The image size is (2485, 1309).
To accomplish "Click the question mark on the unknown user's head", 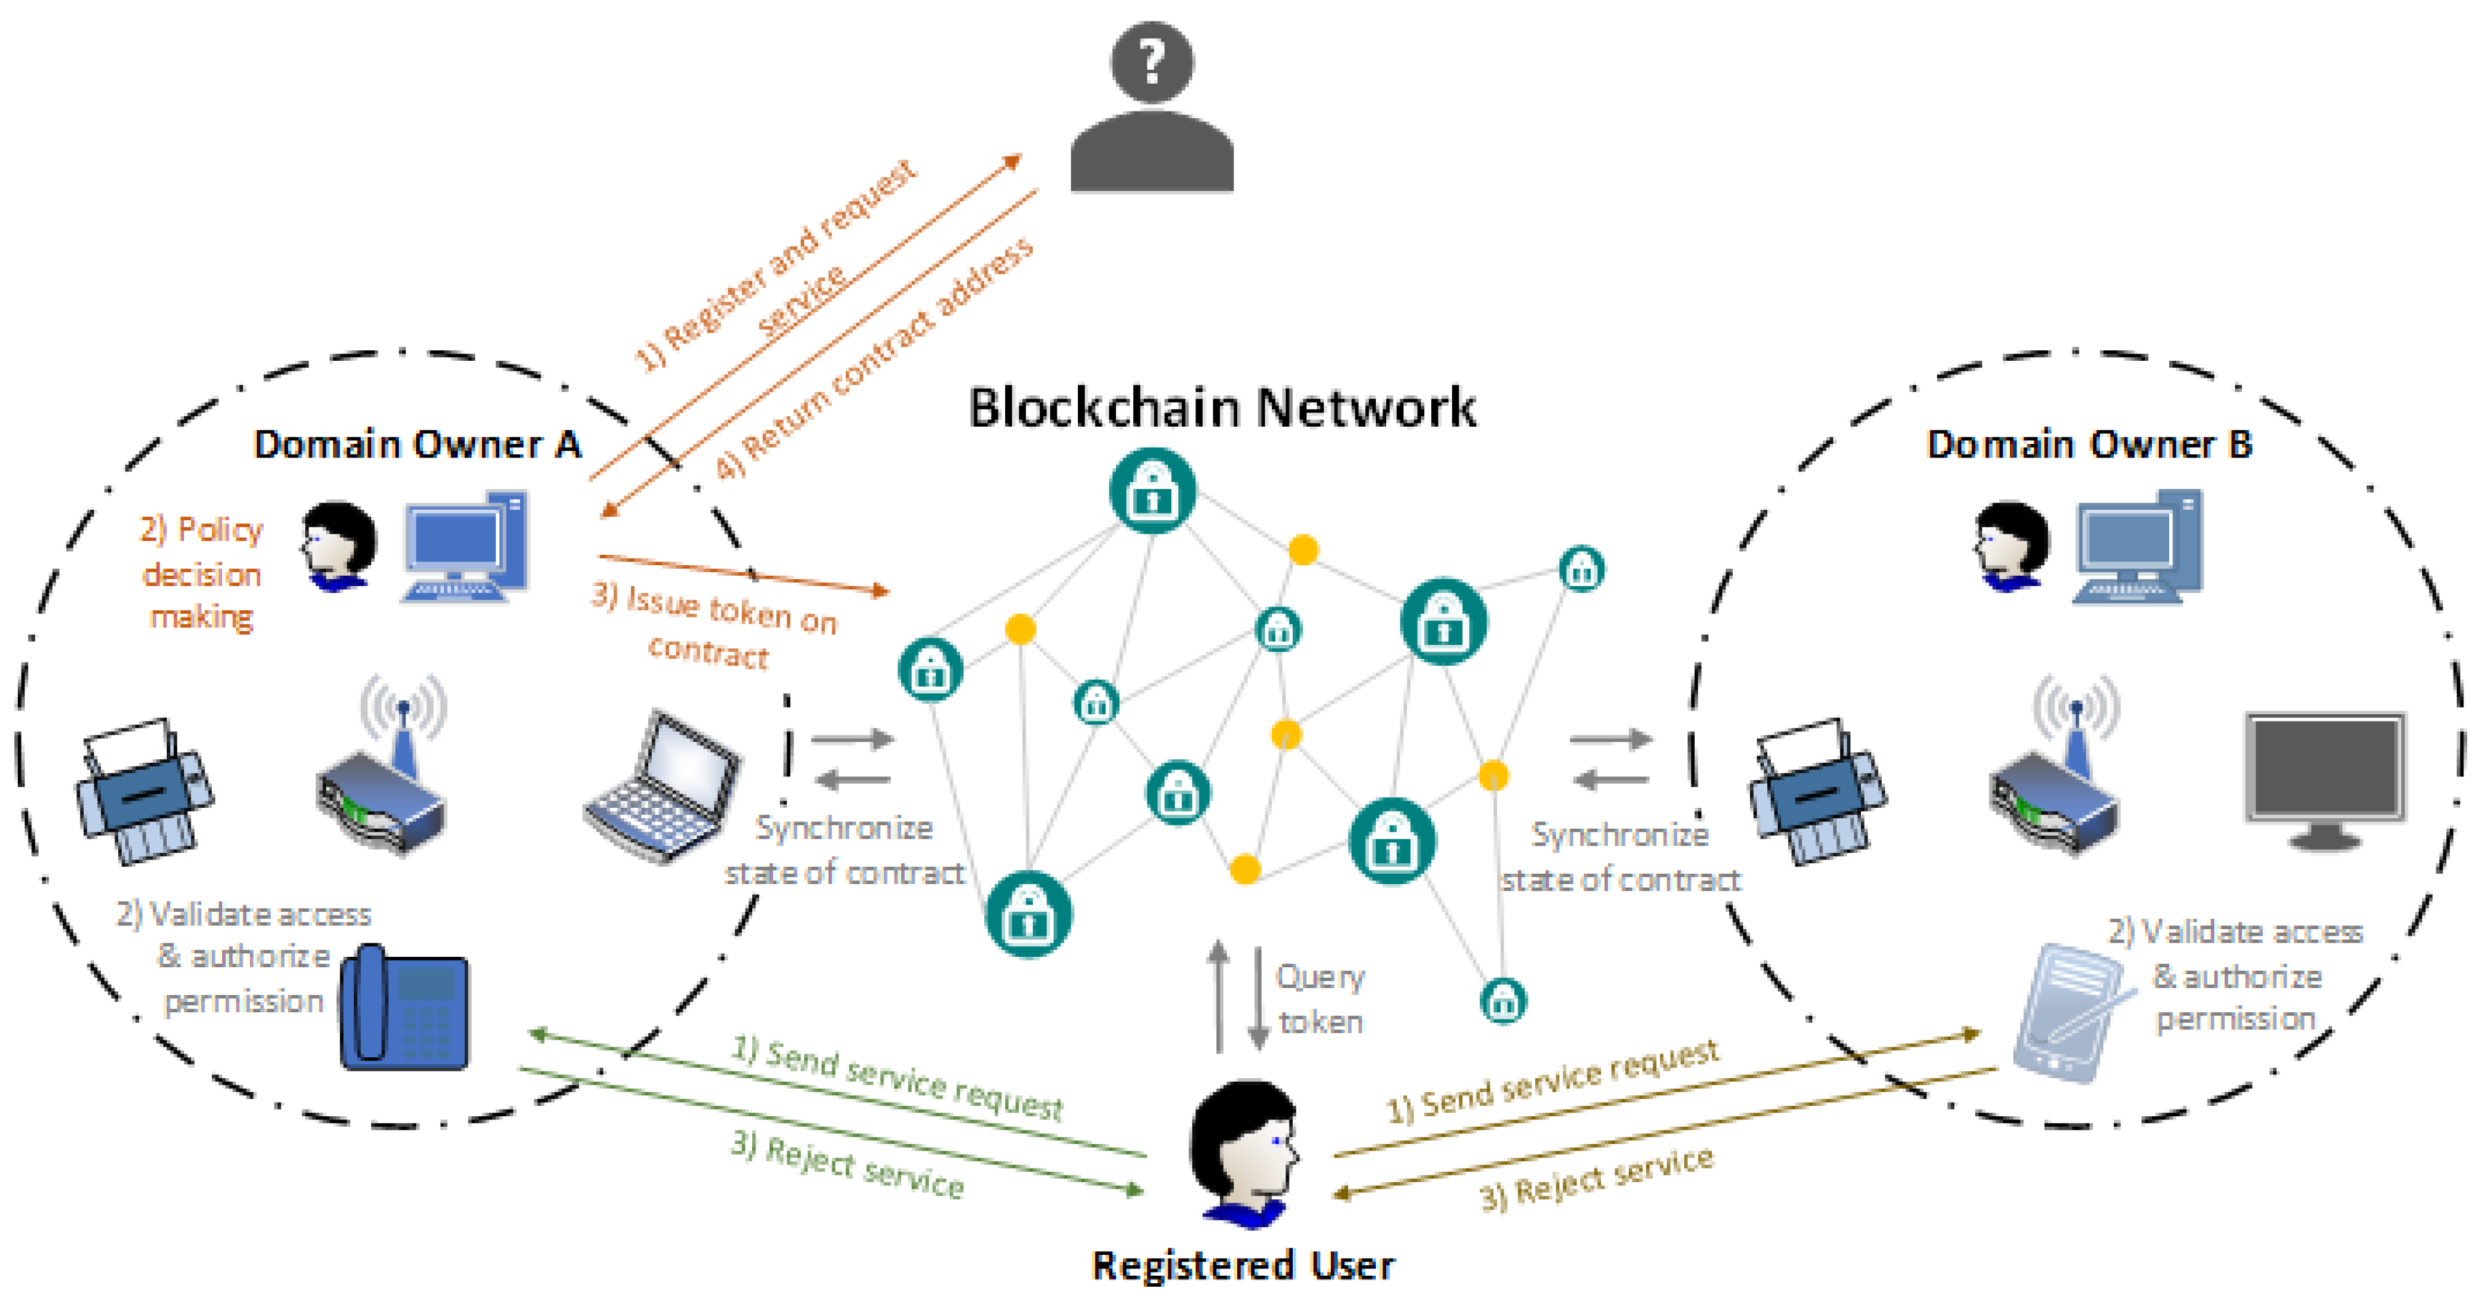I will pyautogui.click(x=1151, y=62).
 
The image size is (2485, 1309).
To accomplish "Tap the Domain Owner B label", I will pyautogui.click(x=2089, y=445).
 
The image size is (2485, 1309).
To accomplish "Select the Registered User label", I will pyautogui.click(x=1242, y=1265).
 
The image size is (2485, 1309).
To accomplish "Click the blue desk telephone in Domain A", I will pyautogui.click(x=405, y=1008).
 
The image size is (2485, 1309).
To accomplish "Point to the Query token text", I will pyautogui.click(x=1320, y=999).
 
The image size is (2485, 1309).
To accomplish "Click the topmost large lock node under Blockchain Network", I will pyautogui.click(x=1152, y=491).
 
